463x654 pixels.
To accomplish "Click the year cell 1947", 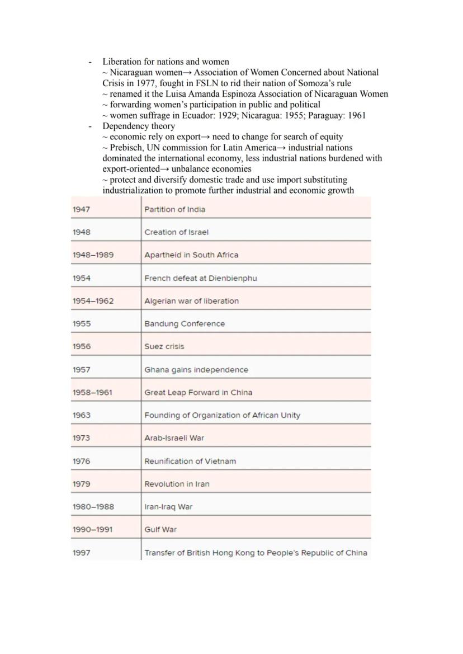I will pyautogui.click(x=81, y=210).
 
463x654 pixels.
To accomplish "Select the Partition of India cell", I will pyautogui.click(x=174, y=210).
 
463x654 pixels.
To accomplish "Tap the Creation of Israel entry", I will pyautogui.click(x=176, y=232).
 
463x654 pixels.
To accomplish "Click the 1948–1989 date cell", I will pyautogui.click(x=93, y=255).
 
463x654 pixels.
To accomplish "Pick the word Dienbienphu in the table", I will pyautogui.click(x=234, y=278).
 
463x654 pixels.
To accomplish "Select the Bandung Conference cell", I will pyautogui.click(x=185, y=324).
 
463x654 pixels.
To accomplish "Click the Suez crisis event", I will pyautogui.click(x=164, y=347).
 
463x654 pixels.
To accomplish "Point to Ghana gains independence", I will pyautogui.click(x=196, y=370).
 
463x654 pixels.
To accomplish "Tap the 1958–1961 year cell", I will pyautogui.click(x=92, y=393).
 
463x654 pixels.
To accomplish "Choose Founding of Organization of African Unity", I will pyautogui.click(x=222, y=416).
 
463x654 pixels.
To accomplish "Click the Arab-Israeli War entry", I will pyautogui.click(x=174, y=438).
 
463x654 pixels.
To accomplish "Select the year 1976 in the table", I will pyautogui.click(x=81, y=462).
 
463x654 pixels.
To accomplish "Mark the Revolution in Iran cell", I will pyautogui.click(x=177, y=484).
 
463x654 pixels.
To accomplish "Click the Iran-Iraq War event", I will pyautogui.click(x=168, y=507).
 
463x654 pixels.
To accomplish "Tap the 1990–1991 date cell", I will pyautogui.click(x=92, y=530).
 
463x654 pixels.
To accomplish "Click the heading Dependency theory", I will pyautogui.click(x=138, y=126).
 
